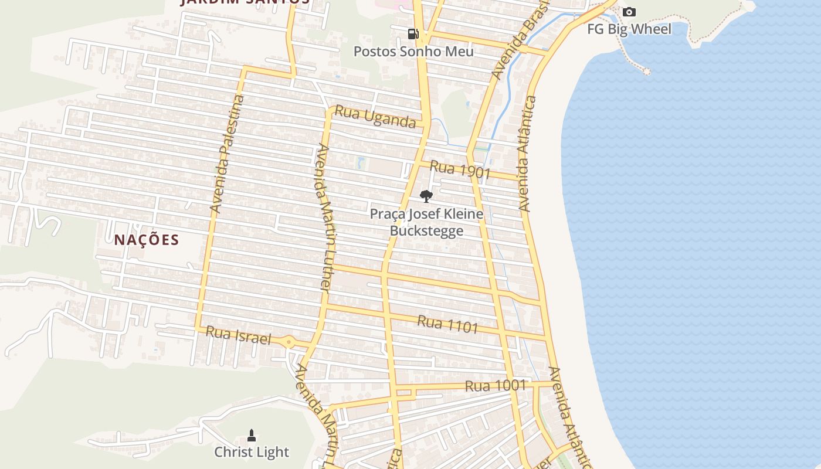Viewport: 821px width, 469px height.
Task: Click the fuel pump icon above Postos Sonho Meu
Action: [x=413, y=34]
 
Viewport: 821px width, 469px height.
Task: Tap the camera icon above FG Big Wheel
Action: [x=629, y=12]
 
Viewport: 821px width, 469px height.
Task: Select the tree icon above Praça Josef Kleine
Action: [x=426, y=196]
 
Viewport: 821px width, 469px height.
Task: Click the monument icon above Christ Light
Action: [x=252, y=436]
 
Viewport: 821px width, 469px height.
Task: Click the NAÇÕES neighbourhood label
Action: [x=147, y=240]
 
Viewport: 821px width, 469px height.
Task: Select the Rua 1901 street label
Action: [x=460, y=169]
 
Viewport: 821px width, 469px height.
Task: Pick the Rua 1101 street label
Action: [x=448, y=324]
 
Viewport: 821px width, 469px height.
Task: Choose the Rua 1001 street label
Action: [x=496, y=386]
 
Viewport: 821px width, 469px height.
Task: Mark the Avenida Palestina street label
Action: [x=227, y=154]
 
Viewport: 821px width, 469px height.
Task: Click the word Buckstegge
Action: [x=426, y=231]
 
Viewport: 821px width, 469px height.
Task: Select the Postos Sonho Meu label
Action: [x=413, y=52]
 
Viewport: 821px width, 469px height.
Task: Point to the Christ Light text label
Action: [x=252, y=452]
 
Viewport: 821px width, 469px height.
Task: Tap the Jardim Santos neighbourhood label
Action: [x=245, y=2]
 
